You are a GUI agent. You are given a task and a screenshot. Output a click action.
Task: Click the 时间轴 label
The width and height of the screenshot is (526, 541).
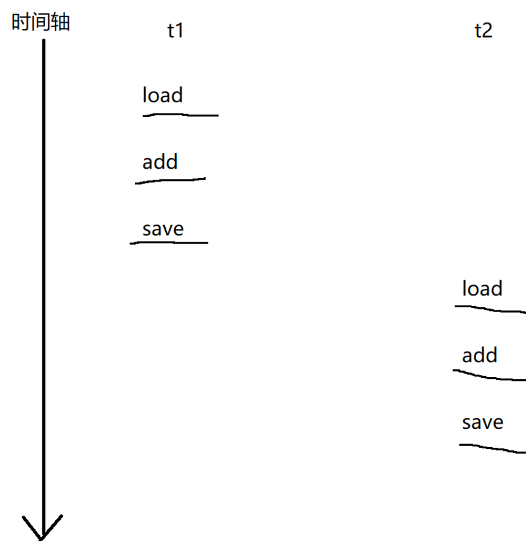[41, 23]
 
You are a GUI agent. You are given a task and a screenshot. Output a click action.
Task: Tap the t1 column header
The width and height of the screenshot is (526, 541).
[175, 31]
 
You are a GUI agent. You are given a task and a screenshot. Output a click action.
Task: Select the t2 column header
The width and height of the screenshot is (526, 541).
[483, 31]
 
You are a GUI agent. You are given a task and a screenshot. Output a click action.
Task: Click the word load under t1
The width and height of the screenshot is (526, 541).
[163, 95]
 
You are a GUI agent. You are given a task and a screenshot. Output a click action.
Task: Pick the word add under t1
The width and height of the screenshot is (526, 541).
[160, 162]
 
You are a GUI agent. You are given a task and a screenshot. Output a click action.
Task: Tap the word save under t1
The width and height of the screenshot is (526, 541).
[163, 229]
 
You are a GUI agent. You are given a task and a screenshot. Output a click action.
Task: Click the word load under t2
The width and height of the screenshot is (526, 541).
[482, 288]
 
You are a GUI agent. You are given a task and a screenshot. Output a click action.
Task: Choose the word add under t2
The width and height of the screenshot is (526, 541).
[479, 355]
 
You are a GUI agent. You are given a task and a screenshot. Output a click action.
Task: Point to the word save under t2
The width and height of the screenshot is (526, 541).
[482, 422]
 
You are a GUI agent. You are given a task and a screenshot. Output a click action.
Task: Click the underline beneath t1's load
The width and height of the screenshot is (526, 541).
[180, 115]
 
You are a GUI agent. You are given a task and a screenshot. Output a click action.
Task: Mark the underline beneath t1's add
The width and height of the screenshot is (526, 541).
[171, 180]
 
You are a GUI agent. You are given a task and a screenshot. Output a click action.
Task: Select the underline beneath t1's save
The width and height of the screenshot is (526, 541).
[169, 243]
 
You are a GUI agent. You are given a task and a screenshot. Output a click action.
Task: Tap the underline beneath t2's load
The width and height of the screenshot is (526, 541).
[490, 309]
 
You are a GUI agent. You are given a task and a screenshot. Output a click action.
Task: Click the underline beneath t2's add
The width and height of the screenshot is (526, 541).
[489, 375]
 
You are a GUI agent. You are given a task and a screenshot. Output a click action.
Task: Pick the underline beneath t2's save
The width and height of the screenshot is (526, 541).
[492, 449]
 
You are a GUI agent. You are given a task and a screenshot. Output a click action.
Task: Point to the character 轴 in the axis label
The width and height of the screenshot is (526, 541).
[60, 23]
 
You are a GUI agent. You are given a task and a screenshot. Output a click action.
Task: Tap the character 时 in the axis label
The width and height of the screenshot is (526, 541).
[21, 23]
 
